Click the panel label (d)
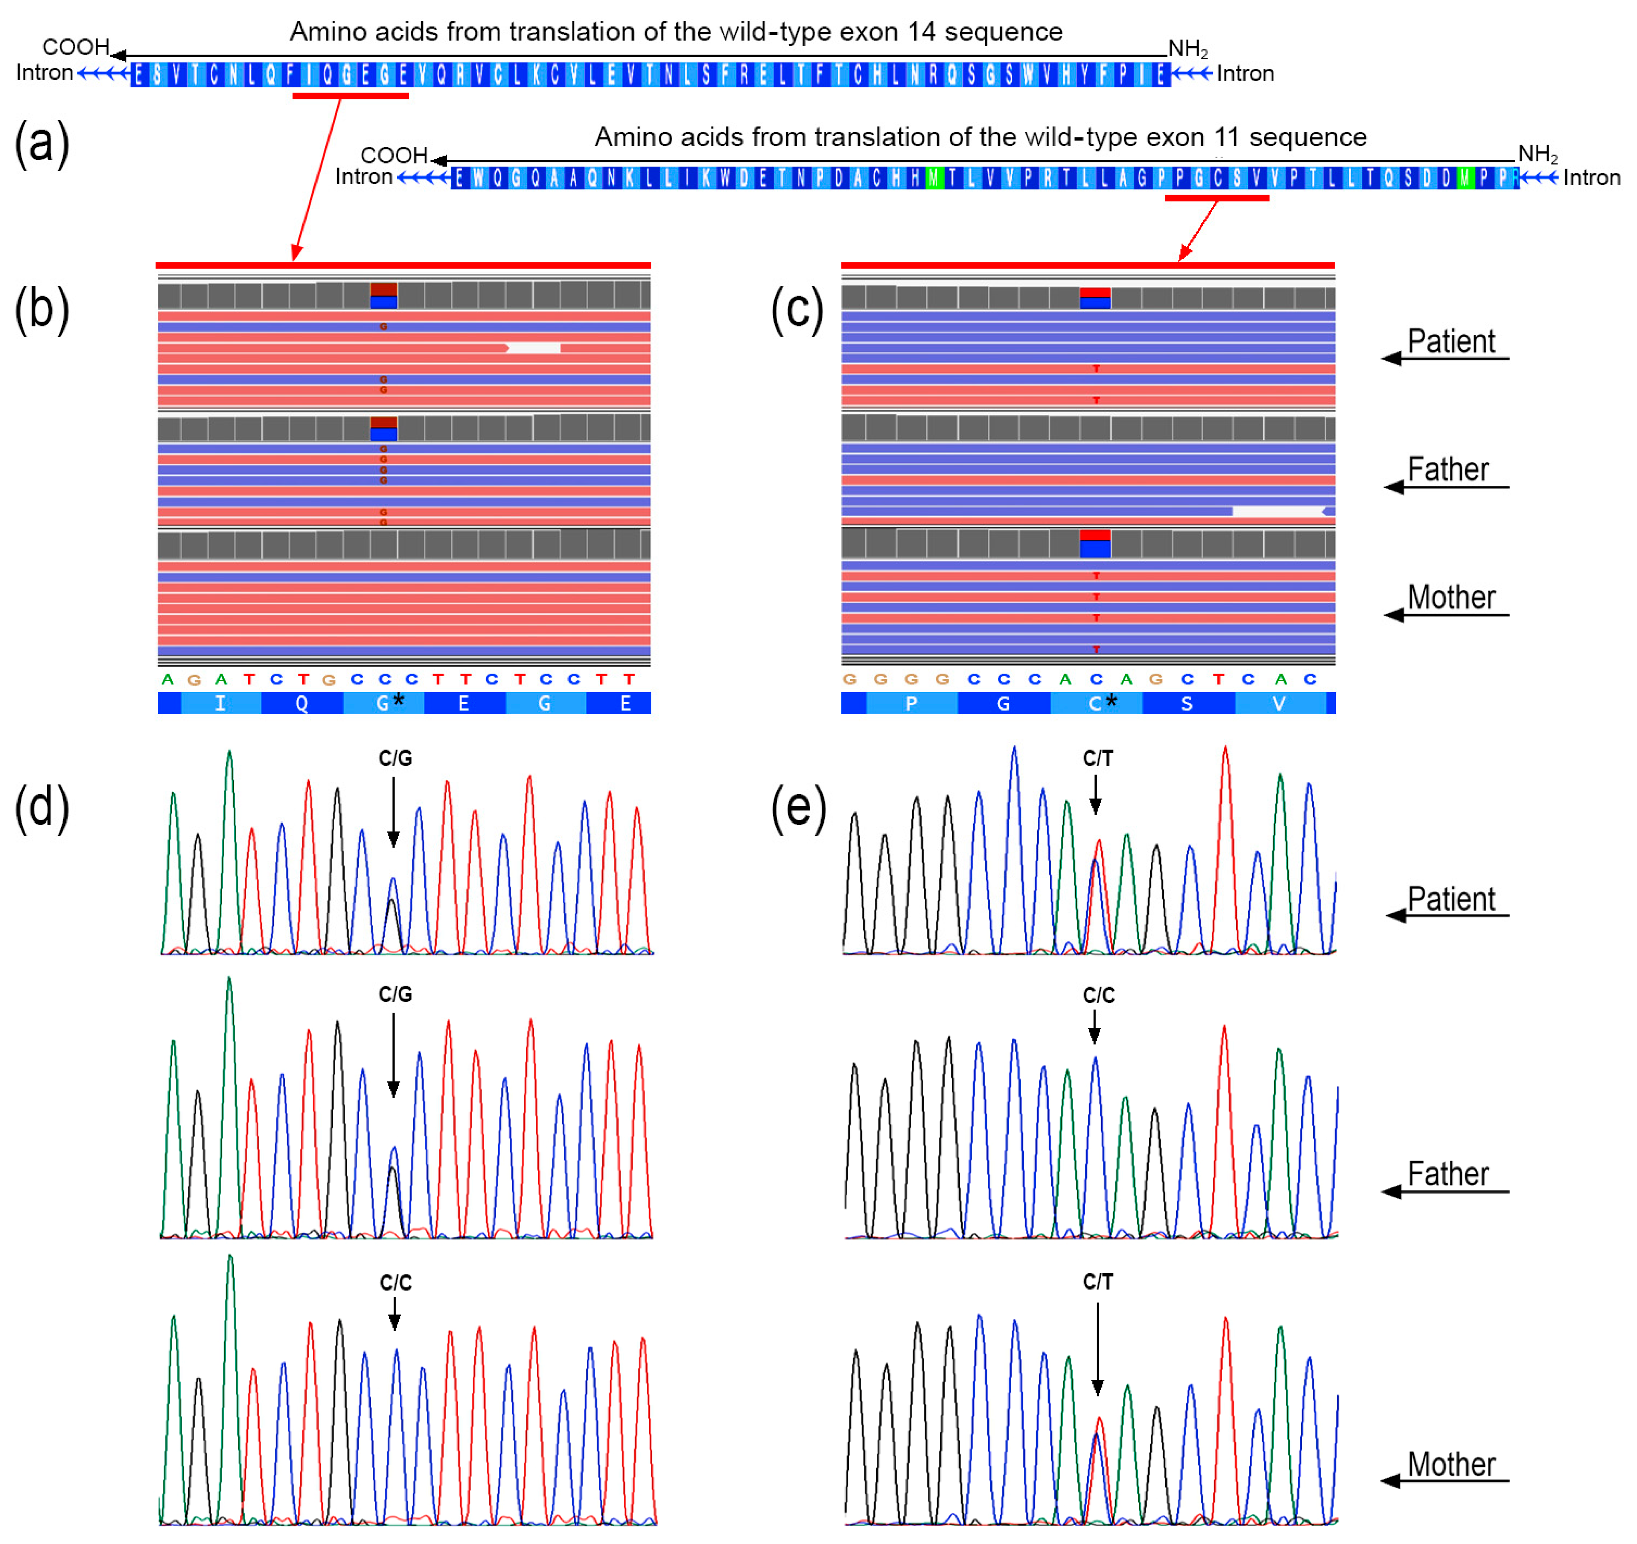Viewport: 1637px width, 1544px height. (x=41, y=807)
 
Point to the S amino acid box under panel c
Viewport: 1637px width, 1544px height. (x=1187, y=703)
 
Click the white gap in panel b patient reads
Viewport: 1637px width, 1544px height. (x=534, y=348)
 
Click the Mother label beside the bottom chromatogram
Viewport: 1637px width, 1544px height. (x=1451, y=1464)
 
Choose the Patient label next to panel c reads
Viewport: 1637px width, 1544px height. (x=1451, y=341)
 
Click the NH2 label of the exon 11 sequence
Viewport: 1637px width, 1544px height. (x=1536, y=154)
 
